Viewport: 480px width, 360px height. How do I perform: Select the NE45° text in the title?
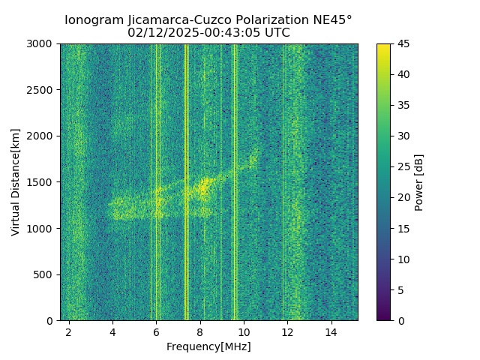(x=330, y=20)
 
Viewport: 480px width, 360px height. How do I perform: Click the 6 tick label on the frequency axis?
(x=156, y=331)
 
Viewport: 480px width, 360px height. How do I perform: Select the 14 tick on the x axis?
(x=331, y=331)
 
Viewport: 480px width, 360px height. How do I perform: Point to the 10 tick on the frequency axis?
(x=244, y=331)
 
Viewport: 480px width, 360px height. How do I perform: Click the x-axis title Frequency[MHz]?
(x=208, y=346)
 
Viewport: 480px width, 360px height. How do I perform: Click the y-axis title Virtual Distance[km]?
(x=16, y=182)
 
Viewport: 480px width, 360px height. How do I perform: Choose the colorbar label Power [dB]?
(x=419, y=182)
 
